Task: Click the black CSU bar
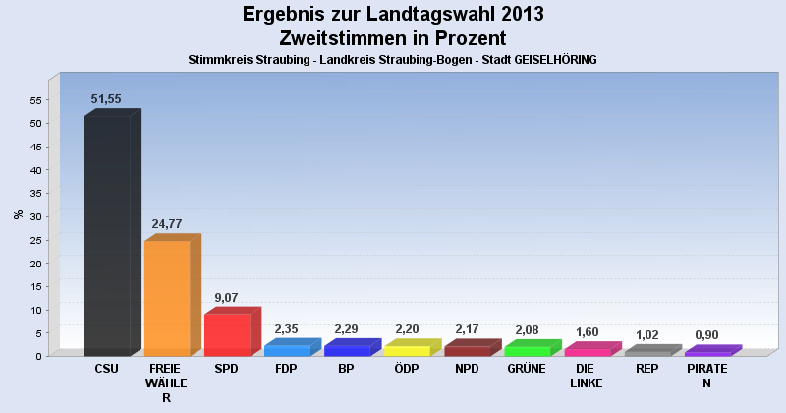coord(107,236)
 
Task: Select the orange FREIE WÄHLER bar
coord(167,298)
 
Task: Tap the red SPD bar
coord(227,334)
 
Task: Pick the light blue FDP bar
coord(287,350)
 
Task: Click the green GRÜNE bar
coord(527,351)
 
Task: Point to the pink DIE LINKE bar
coord(587,352)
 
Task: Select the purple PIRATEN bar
coord(706,353)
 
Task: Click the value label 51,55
coord(106,99)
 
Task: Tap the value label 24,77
coord(167,224)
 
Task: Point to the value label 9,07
coord(226,297)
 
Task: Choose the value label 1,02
coord(646,334)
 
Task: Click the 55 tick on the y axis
coord(35,100)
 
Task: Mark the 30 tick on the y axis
coord(35,216)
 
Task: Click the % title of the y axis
coord(18,214)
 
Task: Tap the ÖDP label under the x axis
coord(406,369)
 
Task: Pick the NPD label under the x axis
coord(467,369)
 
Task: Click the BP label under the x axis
coord(346,369)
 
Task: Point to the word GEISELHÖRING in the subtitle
coord(549,60)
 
